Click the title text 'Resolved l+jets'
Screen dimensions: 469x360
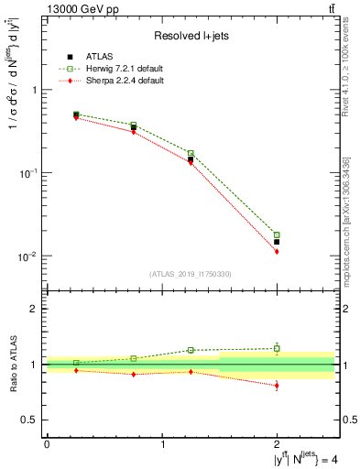191,36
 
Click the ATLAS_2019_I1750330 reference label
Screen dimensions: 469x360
191,274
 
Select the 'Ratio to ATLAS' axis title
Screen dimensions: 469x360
14,364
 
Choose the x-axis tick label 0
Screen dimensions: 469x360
47,444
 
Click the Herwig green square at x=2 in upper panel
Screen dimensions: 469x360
277,235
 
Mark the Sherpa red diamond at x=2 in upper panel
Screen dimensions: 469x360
277,251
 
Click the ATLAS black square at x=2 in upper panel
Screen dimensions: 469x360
277,242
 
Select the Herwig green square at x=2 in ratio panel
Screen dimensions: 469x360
277,348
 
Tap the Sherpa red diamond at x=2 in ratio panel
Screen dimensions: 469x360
277,386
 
